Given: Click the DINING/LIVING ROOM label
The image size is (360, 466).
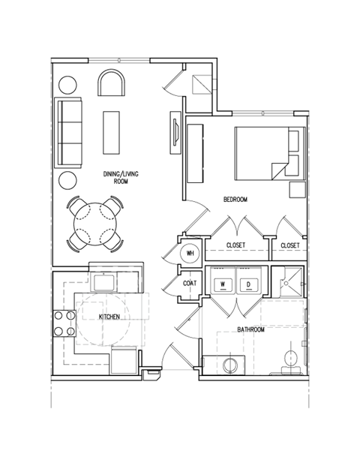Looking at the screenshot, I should pos(121,177).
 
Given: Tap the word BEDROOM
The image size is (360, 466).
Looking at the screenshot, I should pos(235,199).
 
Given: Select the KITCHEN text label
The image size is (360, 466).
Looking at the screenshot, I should pos(109,317).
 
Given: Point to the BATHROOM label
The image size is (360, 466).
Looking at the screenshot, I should pos(251,329).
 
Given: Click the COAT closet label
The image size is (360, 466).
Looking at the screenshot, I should pos(190,284).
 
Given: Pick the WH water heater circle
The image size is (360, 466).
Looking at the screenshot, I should pos(190,252).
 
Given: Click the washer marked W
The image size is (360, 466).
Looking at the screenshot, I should pos(223,284).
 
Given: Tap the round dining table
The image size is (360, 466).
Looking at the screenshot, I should pos(95,222).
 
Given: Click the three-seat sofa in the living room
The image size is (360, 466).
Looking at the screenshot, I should pos(69,132).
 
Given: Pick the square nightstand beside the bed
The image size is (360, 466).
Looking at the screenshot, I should pos(296,188).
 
